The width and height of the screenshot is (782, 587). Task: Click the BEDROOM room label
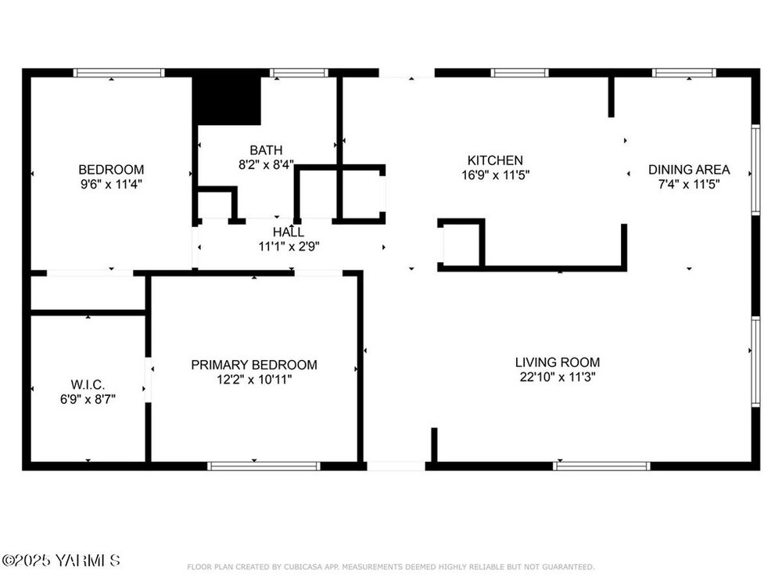[111, 170]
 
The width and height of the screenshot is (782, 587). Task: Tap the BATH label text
[266, 150]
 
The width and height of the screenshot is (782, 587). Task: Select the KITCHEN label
[495, 160]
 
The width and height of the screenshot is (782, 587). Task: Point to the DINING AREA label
[689, 170]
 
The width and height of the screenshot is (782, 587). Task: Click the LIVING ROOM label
[558, 362]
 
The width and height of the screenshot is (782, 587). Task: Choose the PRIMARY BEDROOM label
[254, 365]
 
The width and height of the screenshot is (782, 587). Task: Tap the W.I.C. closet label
[88, 385]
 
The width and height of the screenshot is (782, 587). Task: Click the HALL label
[289, 232]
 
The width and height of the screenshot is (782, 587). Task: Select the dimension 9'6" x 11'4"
[111, 184]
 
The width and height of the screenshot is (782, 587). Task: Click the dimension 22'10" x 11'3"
[558, 377]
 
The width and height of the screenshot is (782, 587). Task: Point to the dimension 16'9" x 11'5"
[495, 175]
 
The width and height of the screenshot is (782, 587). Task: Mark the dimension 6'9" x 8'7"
[88, 399]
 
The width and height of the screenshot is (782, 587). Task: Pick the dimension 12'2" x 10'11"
[254, 380]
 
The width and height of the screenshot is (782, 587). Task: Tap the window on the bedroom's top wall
[119, 73]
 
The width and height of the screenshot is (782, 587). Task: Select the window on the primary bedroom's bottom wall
[264, 466]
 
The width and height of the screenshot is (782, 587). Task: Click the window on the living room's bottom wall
[601, 466]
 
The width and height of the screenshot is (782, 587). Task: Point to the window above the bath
[300, 73]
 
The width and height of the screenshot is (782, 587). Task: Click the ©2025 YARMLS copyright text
[61, 560]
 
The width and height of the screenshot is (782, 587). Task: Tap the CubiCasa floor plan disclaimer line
[390, 567]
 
